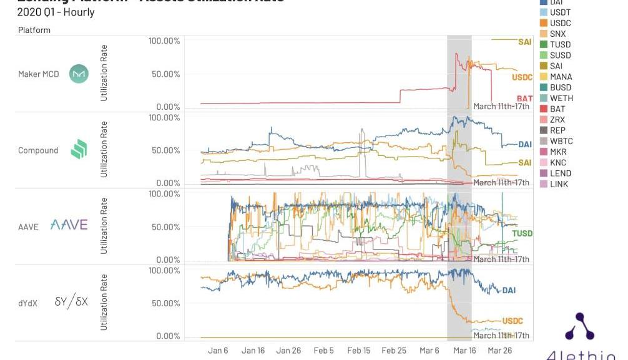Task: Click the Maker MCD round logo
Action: pyautogui.click(x=79, y=74)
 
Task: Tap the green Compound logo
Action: pyautogui.click(x=79, y=150)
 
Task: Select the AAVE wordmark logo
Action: pyautogui.click(x=69, y=225)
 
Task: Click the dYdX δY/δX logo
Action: pyautogui.click(x=71, y=302)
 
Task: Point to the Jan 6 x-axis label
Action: pyautogui.click(x=218, y=351)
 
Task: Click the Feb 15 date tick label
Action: pyautogui.click(x=359, y=351)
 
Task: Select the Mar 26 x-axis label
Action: pyautogui.click(x=499, y=351)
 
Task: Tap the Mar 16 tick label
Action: pyautogui.click(x=464, y=351)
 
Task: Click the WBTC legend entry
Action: pyautogui.click(x=561, y=141)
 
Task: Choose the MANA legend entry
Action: pyautogui.click(x=561, y=77)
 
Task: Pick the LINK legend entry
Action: pyautogui.click(x=559, y=184)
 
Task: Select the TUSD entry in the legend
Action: pyautogui.click(x=560, y=44)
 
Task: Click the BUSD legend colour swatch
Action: pyautogui.click(x=544, y=87)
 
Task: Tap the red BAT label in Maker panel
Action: pyautogui.click(x=524, y=99)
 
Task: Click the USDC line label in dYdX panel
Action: pyautogui.click(x=513, y=321)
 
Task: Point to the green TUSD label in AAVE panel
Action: pyautogui.click(x=523, y=233)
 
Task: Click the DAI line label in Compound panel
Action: pyautogui.click(x=525, y=145)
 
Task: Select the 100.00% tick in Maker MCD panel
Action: pyautogui.click(x=164, y=41)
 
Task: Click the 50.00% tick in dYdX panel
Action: pyautogui.click(x=164, y=303)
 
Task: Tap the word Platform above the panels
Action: pyautogui.click(x=34, y=29)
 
